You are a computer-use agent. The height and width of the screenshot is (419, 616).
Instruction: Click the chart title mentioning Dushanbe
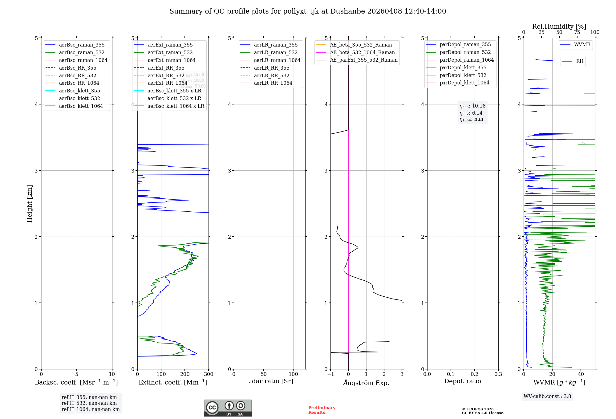[x=308, y=11]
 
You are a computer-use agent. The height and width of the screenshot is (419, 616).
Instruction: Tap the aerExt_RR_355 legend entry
[x=166, y=68]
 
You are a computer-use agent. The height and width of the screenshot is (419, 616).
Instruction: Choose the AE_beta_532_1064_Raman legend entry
[x=362, y=53]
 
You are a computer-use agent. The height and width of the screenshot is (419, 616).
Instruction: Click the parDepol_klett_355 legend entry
[x=463, y=68]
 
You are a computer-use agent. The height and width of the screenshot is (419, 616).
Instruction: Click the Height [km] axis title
[x=30, y=204]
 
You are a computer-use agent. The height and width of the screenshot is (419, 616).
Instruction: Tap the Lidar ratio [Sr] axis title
[x=269, y=381]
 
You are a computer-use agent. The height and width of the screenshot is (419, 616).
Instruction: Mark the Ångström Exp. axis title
[x=366, y=383]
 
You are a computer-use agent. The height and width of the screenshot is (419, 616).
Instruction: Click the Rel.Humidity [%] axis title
[x=559, y=26]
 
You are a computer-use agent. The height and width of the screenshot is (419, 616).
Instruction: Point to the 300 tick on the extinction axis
[x=209, y=374]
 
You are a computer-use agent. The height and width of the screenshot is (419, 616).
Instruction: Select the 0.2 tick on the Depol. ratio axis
[x=475, y=374]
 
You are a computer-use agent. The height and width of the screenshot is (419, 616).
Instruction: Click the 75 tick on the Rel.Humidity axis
[x=577, y=32]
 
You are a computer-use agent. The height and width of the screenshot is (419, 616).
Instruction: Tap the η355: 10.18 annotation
[x=472, y=106]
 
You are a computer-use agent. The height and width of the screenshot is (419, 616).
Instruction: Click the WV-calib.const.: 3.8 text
[x=547, y=397]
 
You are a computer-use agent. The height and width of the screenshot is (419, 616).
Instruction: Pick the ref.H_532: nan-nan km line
[x=89, y=403]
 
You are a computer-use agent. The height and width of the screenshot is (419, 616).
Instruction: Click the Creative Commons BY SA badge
[x=228, y=408]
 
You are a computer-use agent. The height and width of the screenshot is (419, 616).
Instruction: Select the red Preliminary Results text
[x=322, y=410]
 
